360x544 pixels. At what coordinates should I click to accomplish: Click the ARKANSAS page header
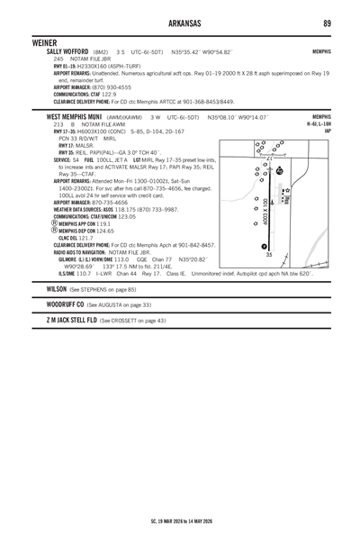[x=180, y=22]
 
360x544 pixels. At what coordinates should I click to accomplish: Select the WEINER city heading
[x=44, y=42]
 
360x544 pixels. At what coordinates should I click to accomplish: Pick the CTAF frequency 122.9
[x=109, y=94]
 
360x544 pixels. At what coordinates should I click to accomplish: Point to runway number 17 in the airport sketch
[x=269, y=133]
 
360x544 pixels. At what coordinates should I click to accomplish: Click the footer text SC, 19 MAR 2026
[x=153, y=521]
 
